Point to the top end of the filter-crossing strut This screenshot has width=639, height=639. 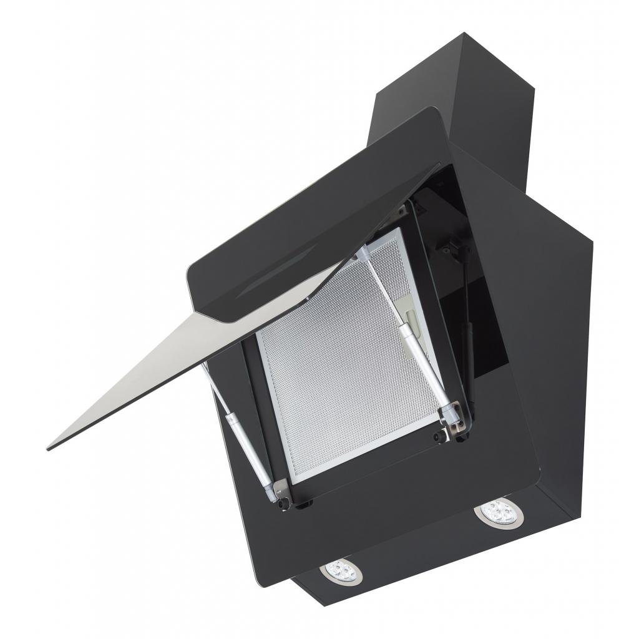[363, 253]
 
